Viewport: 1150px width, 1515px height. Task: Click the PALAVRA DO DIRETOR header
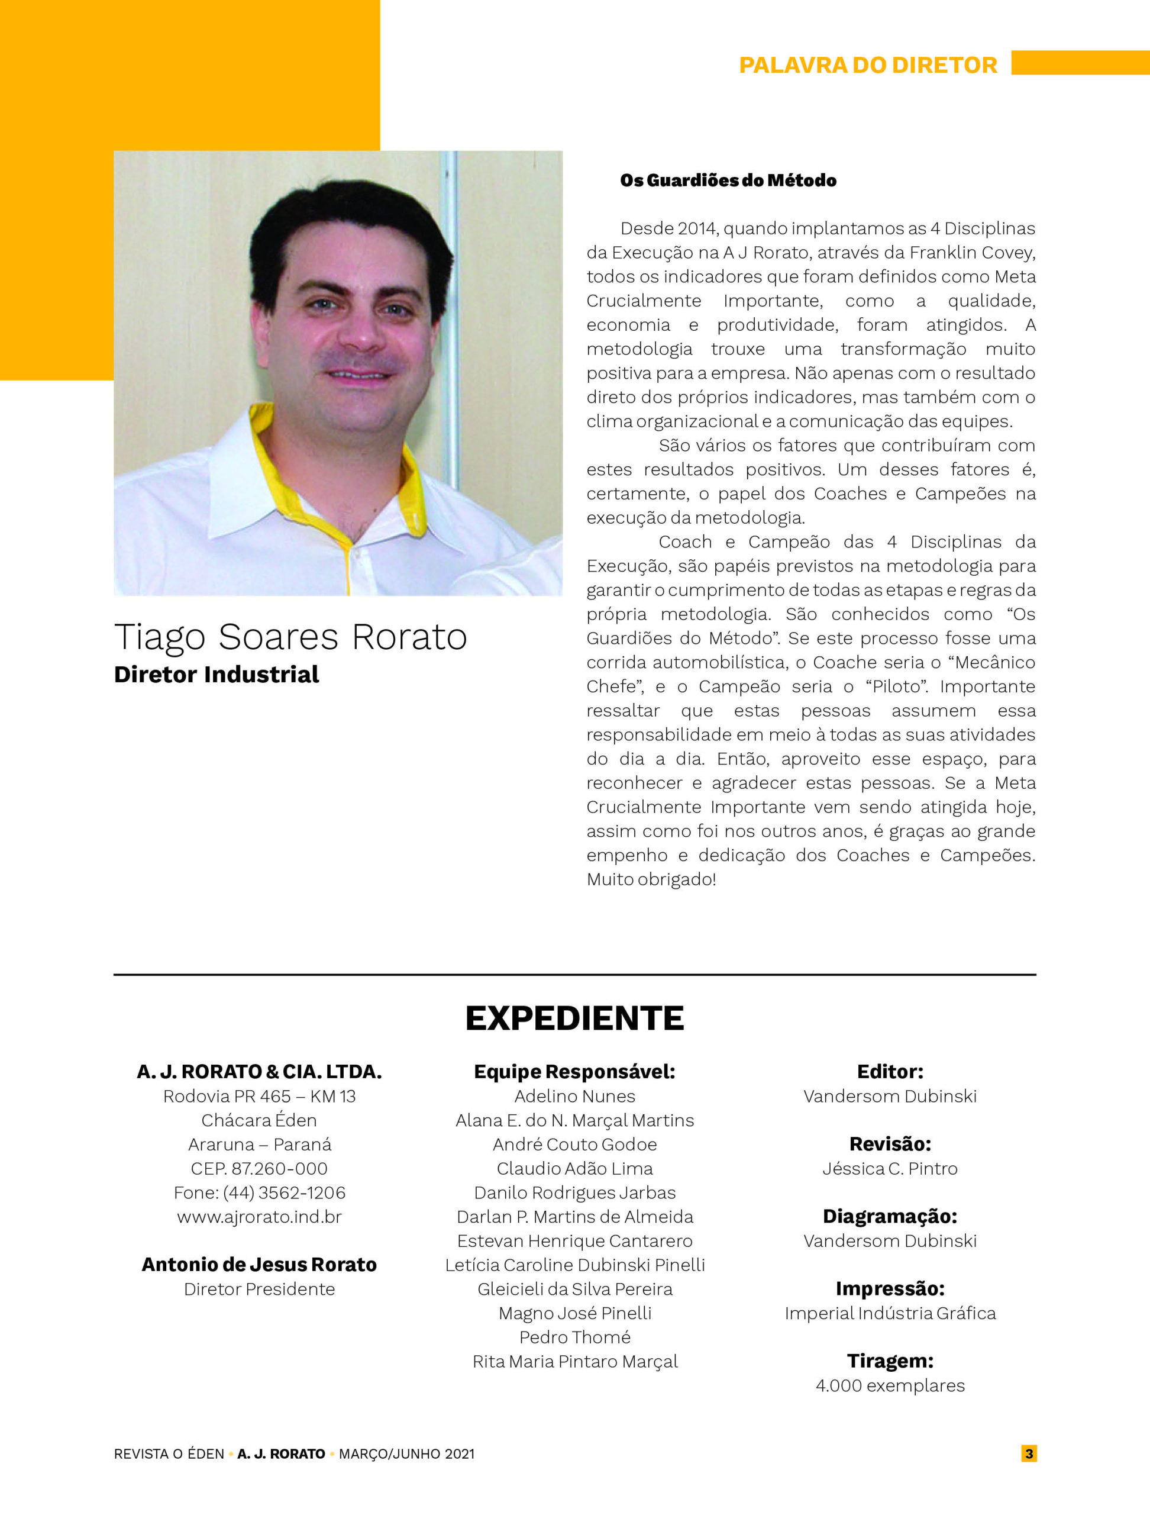(x=868, y=65)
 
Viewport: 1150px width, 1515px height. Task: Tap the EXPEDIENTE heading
(x=574, y=1018)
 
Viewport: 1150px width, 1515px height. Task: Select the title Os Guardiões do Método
(x=728, y=181)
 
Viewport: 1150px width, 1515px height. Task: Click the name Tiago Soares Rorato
(x=290, y=637)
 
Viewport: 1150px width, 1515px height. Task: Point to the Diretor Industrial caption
(x=217, y=675)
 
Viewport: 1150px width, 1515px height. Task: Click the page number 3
(x=1029, y=1453)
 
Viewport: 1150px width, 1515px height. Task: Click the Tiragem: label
(x=890, y=1361)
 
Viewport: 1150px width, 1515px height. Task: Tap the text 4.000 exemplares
(x=890, y=1385)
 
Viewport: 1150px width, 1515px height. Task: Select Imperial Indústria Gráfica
(x=890, y=1313)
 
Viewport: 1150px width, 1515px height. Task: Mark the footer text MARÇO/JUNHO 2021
(x=406, y=1453)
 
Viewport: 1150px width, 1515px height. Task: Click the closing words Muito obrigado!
(x=651, y=879)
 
